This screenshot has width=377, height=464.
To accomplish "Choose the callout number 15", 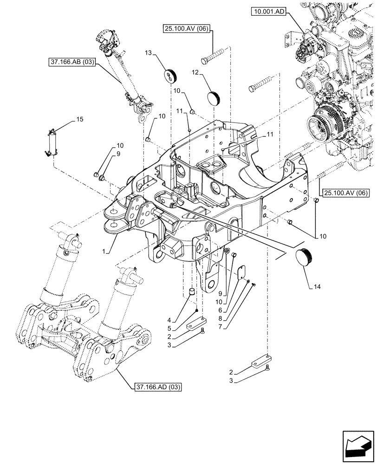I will tap(79, 119).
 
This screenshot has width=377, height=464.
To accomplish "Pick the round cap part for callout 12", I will tap(214, 99).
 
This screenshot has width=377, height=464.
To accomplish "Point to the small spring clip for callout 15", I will tap(52, 141).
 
